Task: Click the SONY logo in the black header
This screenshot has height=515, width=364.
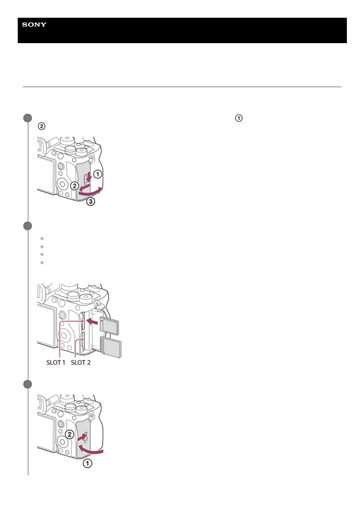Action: [34, 25]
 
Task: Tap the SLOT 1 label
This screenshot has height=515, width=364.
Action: [56, 362]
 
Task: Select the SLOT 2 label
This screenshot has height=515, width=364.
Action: [81, 362]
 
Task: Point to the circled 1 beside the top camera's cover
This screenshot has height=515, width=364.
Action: [97, 174]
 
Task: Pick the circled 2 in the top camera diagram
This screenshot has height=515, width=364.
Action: [75, 186]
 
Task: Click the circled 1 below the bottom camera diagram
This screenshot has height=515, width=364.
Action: [87, 463]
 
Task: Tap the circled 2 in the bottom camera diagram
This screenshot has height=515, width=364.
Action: [70, 434]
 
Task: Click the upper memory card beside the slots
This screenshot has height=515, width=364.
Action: [110, 326]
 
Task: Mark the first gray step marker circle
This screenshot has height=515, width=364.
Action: [28, 118]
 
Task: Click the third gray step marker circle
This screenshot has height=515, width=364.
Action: [28, 384]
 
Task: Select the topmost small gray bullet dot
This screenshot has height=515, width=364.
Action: [42, 239]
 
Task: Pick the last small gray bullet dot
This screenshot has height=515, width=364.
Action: [42, 263]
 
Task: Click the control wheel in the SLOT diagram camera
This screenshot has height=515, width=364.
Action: [64, 336]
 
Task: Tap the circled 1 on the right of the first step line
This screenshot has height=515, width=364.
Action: [239, 118]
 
